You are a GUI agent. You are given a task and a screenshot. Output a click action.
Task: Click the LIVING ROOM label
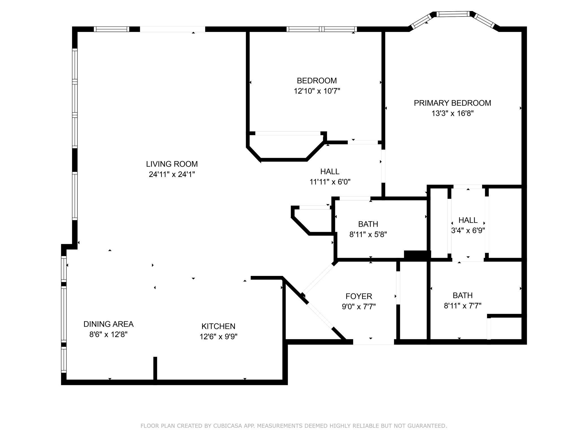[172, 164]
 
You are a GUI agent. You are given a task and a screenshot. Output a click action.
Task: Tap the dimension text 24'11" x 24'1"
[172, 174]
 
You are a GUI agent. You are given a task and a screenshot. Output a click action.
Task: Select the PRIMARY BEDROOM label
[452, 103]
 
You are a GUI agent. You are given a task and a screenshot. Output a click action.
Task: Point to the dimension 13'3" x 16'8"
[452, 113]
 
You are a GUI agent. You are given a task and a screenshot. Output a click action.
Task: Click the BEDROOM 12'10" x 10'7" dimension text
[317, 91]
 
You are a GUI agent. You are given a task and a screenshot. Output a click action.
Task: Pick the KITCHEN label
[218, 326]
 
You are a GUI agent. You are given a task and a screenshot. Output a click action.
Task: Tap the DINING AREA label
[108, 324]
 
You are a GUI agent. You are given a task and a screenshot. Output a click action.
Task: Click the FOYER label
[358, 296]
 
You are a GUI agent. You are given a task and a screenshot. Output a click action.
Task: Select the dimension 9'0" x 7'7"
[358, 307]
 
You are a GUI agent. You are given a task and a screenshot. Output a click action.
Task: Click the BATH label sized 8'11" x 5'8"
[368, 224]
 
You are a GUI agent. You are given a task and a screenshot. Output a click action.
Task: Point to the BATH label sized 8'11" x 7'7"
[462, 295]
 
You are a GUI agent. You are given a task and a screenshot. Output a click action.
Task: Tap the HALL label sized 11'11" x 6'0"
[330, 172]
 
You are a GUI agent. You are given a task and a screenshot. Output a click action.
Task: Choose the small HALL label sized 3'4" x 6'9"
[468, 220]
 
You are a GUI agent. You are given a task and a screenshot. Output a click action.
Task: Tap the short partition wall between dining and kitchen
[155, 368]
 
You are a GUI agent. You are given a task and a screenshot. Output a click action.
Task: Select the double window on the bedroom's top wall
[321, 29]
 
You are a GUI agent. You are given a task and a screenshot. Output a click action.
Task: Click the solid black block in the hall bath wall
[417, 255]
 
